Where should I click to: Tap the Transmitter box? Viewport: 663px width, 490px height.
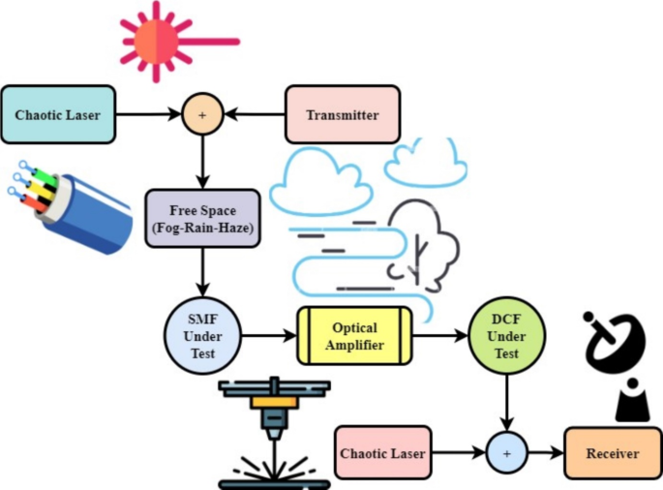342,115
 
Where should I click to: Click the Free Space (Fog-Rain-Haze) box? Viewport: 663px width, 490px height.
202,218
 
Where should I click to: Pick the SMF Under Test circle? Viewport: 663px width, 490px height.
202,335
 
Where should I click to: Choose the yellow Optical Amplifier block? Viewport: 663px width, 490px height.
354,335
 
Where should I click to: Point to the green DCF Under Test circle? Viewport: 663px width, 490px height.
506,337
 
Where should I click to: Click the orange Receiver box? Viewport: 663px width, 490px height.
613,453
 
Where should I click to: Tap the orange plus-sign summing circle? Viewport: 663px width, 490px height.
202,115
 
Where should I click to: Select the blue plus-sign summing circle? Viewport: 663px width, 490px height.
506,453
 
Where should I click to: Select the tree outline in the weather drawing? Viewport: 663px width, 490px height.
421,242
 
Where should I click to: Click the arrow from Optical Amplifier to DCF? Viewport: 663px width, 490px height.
439,336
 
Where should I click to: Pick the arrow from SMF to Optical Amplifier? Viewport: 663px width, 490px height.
268,336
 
